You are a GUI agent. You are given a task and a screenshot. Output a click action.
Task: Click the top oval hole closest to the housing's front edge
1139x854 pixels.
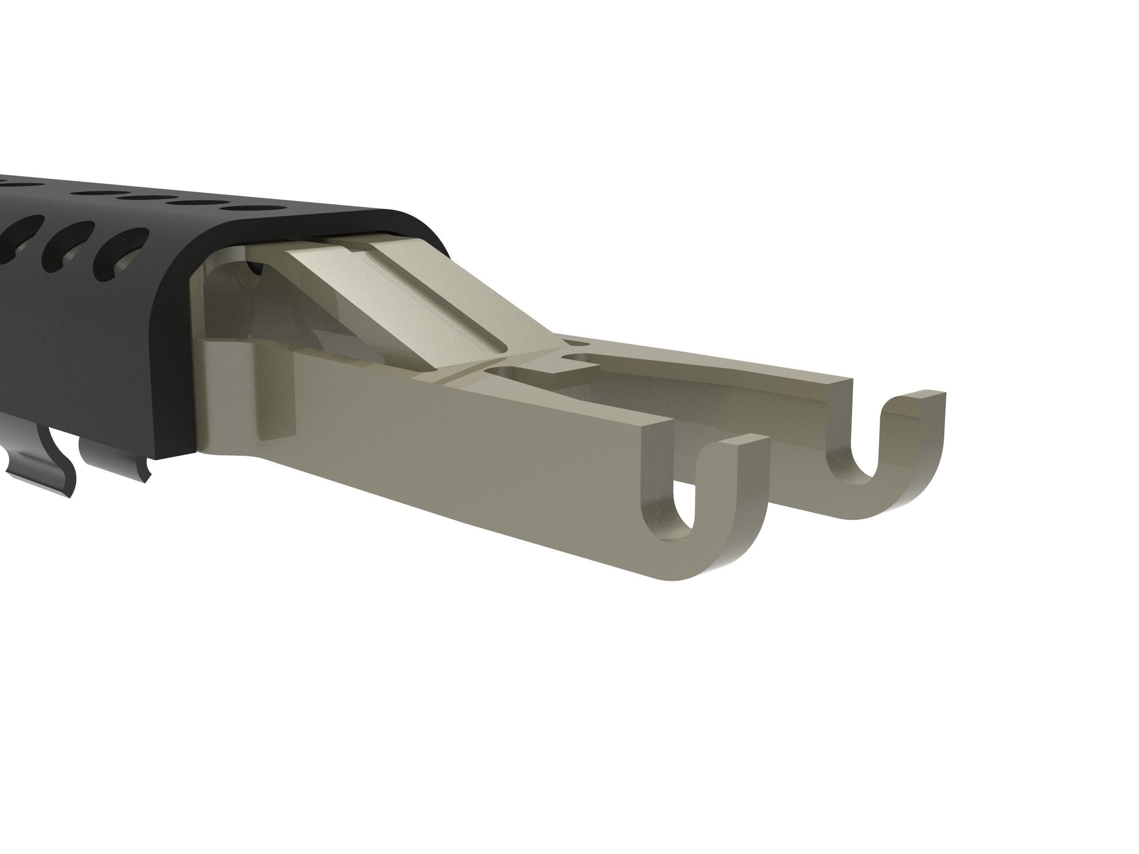click(x=255, y=209)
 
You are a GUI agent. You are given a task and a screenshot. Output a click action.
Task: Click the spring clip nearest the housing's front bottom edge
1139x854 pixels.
click(x=116, y=461)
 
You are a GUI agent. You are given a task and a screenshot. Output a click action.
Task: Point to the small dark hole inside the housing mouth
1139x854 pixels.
click(x=254, y=267)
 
